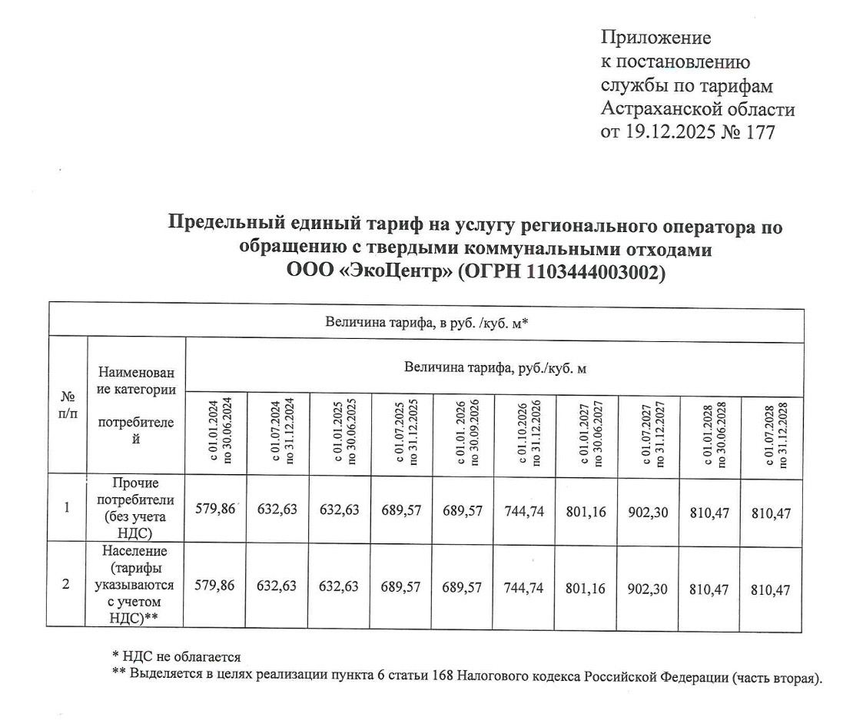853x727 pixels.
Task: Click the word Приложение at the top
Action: point(656,38)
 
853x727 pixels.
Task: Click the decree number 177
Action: point(759,132)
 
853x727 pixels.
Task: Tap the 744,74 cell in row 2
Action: point(524,589)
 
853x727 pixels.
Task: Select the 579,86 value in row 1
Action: point(216,510)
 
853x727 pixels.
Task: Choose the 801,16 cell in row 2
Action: point(586,589)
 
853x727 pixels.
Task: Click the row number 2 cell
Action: point(68,586)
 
